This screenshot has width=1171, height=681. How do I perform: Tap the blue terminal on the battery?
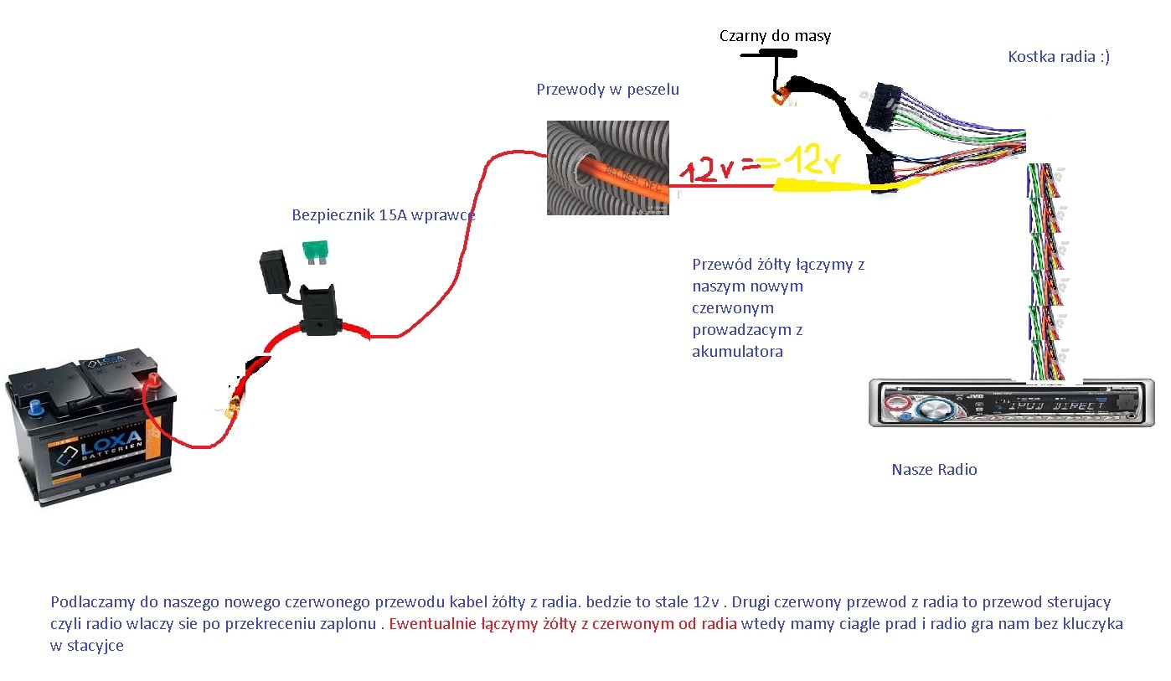[35, 410]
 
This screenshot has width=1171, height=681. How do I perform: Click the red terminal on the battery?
[152, 384]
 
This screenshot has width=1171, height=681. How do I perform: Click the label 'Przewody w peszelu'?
[607, 90]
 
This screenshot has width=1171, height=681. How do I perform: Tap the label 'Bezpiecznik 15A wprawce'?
[384, 214]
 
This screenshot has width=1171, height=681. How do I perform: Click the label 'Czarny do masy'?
[775, 36]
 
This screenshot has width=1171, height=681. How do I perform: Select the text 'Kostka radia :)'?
[1059, 57]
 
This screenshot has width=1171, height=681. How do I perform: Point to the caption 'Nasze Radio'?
[934, 470]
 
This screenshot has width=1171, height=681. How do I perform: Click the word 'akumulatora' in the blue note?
[737, 352]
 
